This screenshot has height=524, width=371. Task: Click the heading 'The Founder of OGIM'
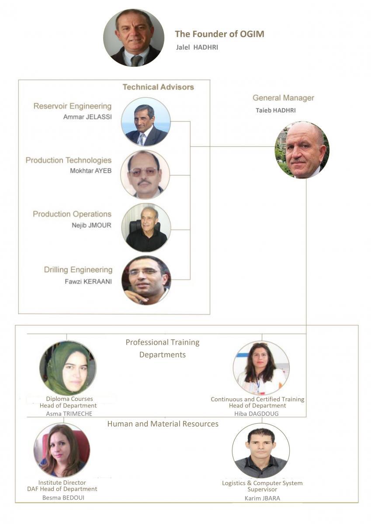219,34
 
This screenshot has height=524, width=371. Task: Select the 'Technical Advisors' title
158,87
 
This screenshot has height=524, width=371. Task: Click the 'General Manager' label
283,98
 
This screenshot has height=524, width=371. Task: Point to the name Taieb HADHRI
275,110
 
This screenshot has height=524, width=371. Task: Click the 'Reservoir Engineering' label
73,106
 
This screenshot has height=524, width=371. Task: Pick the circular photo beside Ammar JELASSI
146,122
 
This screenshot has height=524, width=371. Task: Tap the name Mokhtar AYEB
90,171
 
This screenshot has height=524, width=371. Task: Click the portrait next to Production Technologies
145,175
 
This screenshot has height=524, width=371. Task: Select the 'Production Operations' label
72,214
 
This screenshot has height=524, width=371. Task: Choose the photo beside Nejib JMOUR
146,228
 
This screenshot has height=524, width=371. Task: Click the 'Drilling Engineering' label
78,270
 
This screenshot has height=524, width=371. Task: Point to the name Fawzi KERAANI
88,281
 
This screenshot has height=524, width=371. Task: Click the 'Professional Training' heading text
162,342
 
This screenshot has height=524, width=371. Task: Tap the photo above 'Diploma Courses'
68,368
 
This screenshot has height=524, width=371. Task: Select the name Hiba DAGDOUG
257,414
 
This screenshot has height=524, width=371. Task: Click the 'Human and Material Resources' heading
163,424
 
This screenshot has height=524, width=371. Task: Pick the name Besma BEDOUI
63,497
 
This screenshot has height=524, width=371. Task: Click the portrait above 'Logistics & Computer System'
261,451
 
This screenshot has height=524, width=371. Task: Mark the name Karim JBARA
262,497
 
